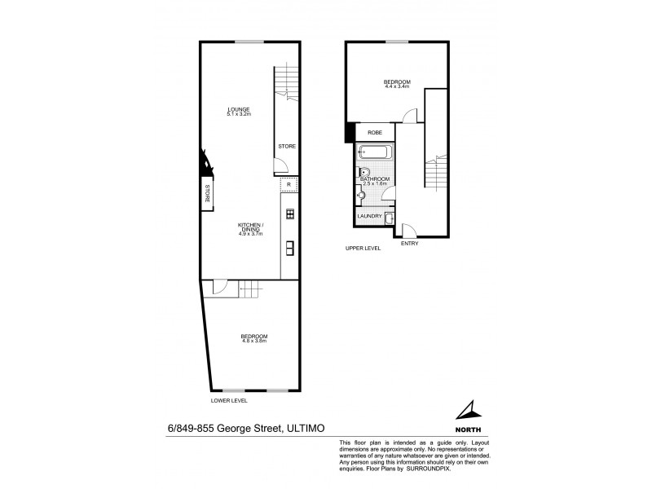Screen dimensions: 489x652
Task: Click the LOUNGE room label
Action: pyautogui.click(x=238, y=109)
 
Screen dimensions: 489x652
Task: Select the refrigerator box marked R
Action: pyautogui.click(x=289, y=186)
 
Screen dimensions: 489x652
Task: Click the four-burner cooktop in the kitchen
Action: pyautogui.click(x=289, y=214)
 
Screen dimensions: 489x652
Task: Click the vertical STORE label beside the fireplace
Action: pyautogui.click(x=207, y=193)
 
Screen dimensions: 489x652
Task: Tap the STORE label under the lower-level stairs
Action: pyautogui.click(x=286, y=147)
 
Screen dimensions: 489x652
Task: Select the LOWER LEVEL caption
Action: pyautogui.click(x=229, y=400)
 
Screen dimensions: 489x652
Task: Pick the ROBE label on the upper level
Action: pyautogui.click(x=375, y=132)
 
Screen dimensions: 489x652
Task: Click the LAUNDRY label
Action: pyautogui.click(x=369, y=216)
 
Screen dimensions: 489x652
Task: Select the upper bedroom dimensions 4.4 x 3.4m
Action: pyautogui.click(x=397, y=87)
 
